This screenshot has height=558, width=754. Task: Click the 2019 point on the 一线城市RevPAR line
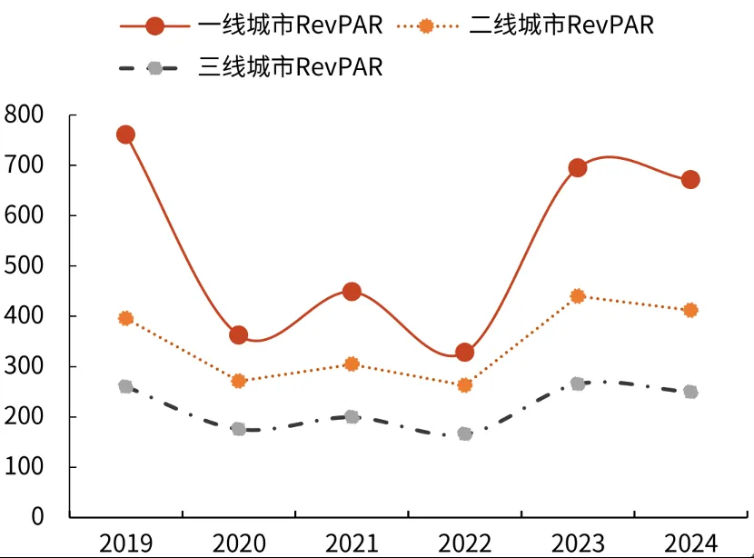[125, 135]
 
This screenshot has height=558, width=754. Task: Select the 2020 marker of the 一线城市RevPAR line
[239, 335]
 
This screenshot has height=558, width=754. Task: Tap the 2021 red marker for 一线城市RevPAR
[352, 292]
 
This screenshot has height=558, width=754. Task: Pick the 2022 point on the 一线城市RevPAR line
[464, 353]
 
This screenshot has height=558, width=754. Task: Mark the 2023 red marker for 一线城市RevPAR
[577, 167]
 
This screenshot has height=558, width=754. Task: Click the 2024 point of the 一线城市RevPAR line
[690, 179]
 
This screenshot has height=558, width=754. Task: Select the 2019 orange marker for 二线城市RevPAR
[125, 318]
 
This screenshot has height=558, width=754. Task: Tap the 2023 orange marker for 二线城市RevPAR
[577, 296]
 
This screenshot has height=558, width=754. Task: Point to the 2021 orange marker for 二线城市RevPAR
[352, 364]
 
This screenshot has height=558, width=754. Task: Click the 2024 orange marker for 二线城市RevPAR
[690, 310]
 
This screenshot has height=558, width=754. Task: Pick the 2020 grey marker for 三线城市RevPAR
[239, 429]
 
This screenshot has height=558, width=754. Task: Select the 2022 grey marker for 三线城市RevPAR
[464, 433]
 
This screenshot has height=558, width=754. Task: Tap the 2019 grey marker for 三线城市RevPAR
[125, 386]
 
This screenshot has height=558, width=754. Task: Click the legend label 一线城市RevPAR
[290, 25]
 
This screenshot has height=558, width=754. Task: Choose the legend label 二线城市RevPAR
[561, 25]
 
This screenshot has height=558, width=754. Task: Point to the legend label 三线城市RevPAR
[290, 67]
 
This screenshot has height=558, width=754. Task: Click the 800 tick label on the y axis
[25, 115]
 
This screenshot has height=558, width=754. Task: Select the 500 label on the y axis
[25, 266]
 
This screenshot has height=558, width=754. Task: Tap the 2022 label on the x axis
[464, 543]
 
